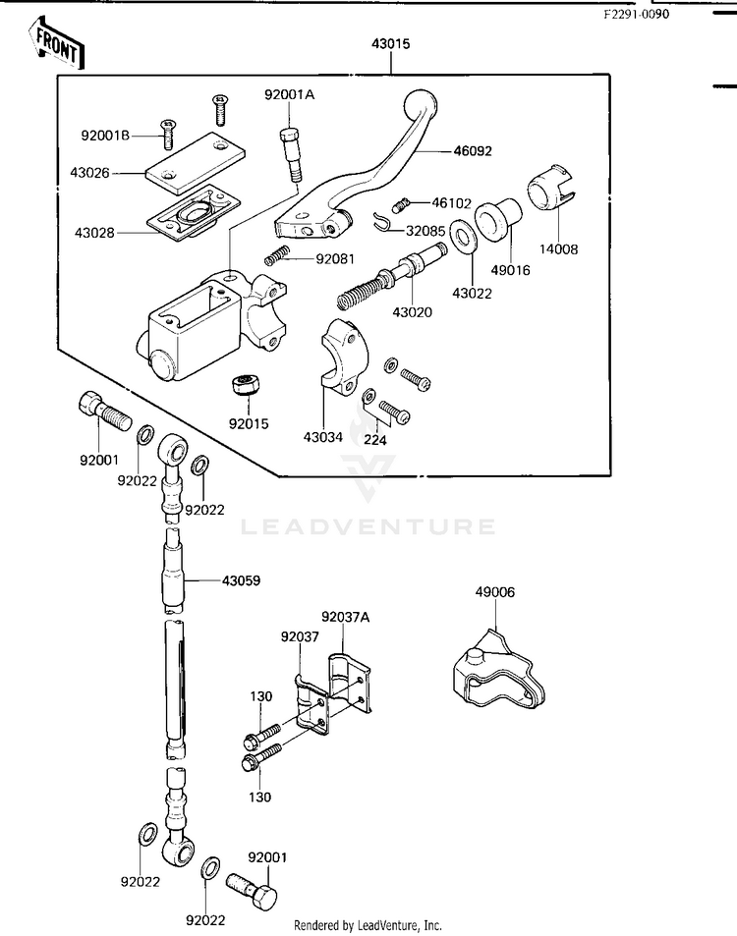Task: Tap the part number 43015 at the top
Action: coord(390,44)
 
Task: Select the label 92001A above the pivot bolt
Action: coord(289,94)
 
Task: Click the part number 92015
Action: coord(249,424)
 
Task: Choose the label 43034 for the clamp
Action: coord(323,437)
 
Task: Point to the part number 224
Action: coord(374,441)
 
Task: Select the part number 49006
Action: coord(494,592)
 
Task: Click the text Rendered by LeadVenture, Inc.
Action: coord(368,925)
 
